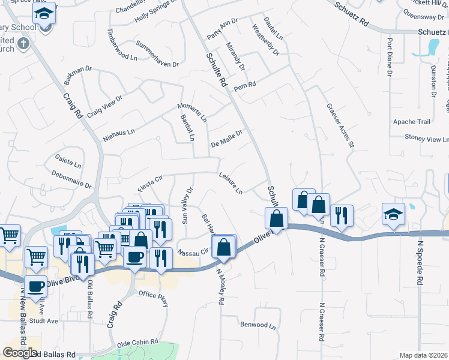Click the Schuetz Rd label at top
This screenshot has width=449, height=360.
point(351,16)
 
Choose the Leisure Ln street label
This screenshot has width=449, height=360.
point(231,184)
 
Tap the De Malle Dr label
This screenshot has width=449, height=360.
point(227,139)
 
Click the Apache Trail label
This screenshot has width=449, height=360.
point(412,122)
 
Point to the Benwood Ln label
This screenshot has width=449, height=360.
point(258,327)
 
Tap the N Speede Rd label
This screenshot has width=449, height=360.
point(421,263)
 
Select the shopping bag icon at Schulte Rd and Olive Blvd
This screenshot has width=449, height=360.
point(276,218)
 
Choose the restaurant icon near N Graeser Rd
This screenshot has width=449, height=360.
point(342,215)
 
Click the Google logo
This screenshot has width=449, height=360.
point(20,352)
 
